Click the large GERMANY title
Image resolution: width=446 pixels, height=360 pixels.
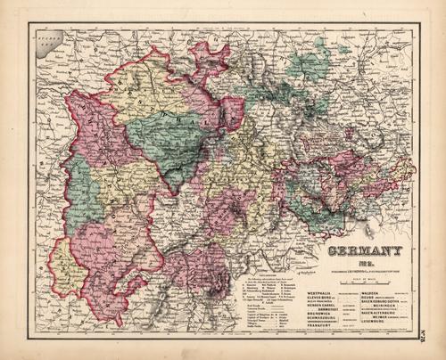tap(366, 250)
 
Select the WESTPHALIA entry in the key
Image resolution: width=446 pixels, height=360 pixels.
tap(320, 293)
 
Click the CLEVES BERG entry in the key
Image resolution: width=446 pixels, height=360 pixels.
tap(320, 299)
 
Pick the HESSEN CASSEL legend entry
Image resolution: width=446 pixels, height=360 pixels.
tap(322, 305)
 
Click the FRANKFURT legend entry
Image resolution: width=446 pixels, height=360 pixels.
tap(322, 325)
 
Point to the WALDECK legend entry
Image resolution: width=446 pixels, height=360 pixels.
tap(373, 293)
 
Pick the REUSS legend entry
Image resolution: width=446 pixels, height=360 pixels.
tap(370, 299)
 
